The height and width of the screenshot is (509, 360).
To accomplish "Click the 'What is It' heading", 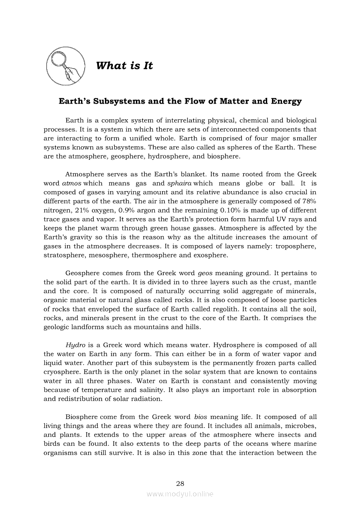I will coord(124,66).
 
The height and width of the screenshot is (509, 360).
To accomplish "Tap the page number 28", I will coord(180,483).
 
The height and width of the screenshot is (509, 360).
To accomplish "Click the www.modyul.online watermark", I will coord(180,494).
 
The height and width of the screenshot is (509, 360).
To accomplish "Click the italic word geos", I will coord(205,273).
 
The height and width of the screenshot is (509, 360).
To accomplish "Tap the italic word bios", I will coord(200,417).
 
